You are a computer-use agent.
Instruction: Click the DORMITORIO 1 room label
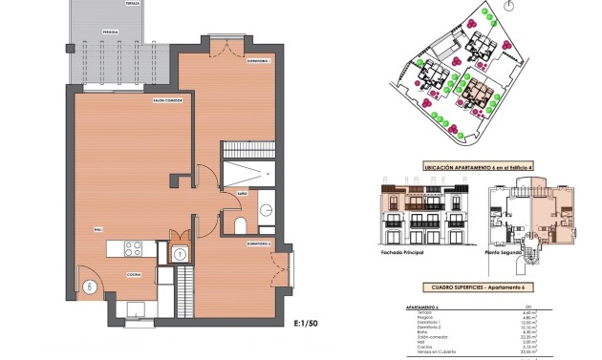pos(258,61)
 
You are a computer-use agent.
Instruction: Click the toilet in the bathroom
pos(241,225)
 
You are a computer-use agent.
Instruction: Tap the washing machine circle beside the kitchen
pos(179,253)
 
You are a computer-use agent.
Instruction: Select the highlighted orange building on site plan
pos(477,91)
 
